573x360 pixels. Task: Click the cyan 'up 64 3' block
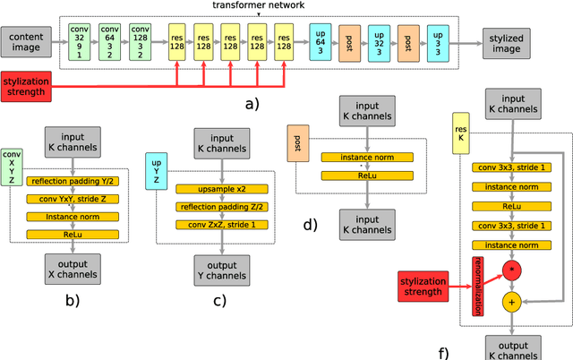[320, 39]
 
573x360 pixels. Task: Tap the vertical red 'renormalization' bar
[477, 285]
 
